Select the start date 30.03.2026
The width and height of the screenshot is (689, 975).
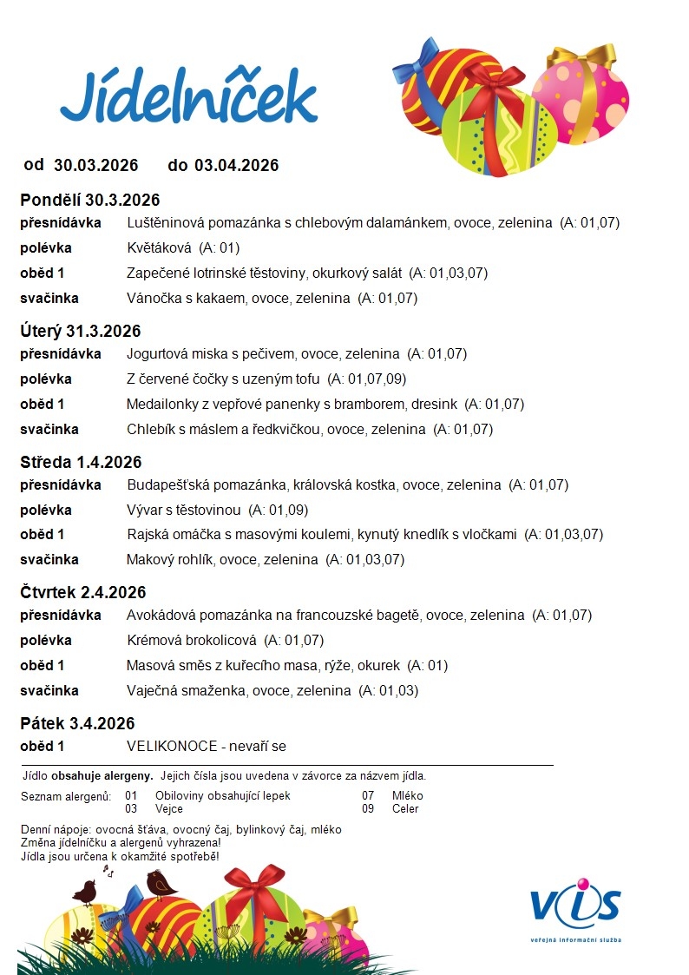coord(95,165)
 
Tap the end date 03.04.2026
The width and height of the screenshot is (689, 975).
coord(236,165)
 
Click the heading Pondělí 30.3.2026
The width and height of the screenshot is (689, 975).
coord(90,201)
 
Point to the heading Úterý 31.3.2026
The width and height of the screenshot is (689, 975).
coord(81,331)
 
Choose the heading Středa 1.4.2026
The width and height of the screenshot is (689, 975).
coord(81,462)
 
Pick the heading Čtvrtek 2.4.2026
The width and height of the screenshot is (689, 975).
coord(83,592)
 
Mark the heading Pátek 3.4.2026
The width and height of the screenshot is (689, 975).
coord(77,723)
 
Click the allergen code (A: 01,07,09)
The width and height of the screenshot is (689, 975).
coord(366,379)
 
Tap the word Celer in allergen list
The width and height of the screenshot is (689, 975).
coord(405,808)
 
